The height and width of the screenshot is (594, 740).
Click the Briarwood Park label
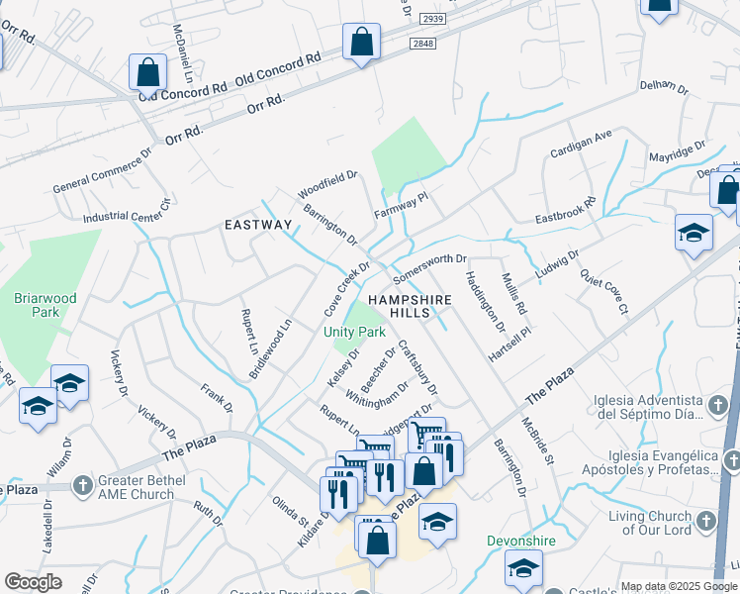tap(37, 305)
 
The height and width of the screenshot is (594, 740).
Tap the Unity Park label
tap(353, 332)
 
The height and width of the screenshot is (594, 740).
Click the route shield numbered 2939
tap(432, 19)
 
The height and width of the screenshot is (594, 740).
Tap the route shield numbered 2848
tap(422, 44)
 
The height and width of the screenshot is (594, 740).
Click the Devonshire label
tap(520, 542)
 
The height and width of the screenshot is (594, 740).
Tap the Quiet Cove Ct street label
tap(603, 293)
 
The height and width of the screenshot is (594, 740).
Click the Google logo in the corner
tap(34, 582)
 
